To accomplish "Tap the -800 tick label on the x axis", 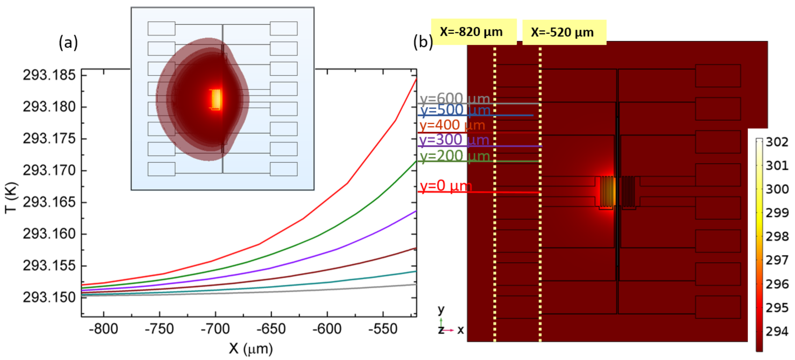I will [x=103, y=329].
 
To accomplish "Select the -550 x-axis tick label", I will [x=383, y=329].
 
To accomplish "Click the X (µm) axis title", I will [x=251, y=349].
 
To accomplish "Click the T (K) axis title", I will [x=11, y=198].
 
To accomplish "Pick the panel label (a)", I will [x=68, y=42].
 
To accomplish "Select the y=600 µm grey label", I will [x=455, y=98].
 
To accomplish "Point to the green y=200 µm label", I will [x=455, y=156].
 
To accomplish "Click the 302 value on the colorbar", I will [x=777, y=142].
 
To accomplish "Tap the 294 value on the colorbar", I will [x=777, y=331].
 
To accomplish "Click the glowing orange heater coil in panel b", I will [x=607, y=191].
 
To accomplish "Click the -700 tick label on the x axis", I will [x=215, y=329].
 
